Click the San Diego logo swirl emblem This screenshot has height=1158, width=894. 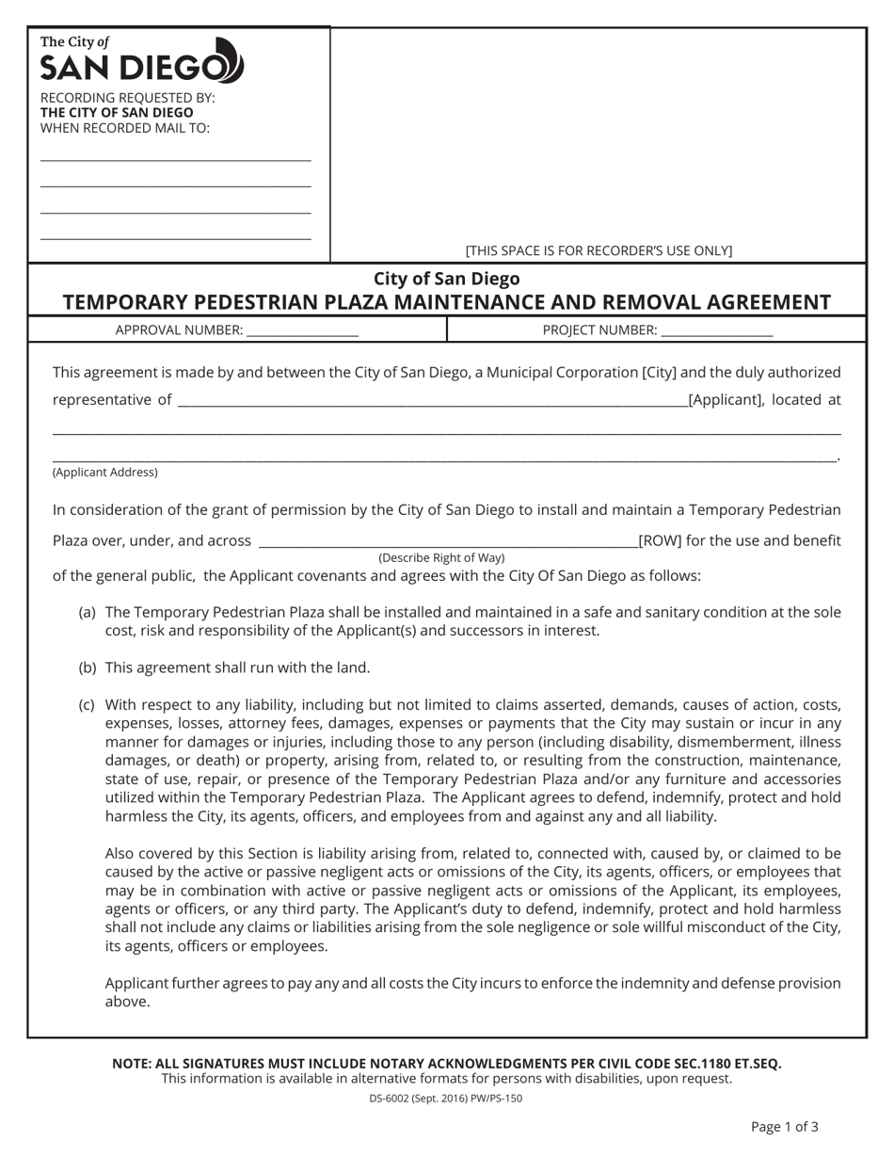[230, 61]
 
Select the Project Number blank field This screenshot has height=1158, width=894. [716, 331]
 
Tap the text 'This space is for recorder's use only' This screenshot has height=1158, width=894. [599, 250]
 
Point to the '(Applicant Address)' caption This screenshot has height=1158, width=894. [105, 473]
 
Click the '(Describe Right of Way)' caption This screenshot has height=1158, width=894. [441, 558]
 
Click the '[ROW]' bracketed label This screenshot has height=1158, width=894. [658, 540]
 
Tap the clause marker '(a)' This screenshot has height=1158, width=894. [88, 612]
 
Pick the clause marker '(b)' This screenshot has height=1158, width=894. [88, 667]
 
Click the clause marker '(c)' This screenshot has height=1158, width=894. [88, 704]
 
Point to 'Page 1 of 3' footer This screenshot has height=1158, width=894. [784, 1126]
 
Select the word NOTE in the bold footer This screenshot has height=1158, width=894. [134, 1063]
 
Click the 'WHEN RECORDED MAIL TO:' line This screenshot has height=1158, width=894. [125, 128]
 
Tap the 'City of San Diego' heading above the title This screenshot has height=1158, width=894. [446, 279]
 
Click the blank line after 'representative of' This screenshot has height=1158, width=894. [432, 401]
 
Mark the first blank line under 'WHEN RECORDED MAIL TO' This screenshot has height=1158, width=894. [175, 160]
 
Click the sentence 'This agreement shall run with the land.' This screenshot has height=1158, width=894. [237, 667]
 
